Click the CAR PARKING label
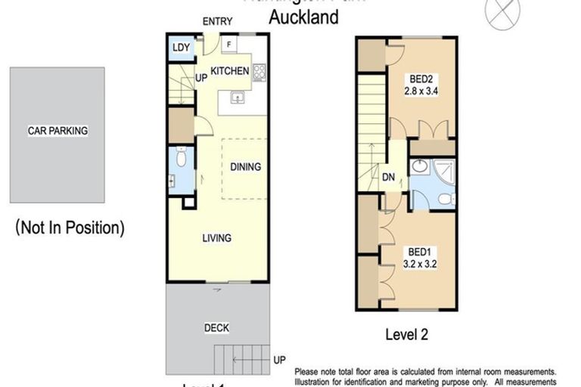(x=57, y=131)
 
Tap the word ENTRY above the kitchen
(x=217, y=22)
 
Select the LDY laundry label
(x=181, y=48)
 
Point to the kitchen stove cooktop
(x=259, y=73)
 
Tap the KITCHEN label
(x=229, y=71)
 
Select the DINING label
(x=245, y=167)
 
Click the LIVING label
(x=216, y=238)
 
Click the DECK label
(x=216, y=328)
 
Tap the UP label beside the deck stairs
(x=279, y=361)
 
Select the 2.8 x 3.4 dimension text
(x=422, y=91)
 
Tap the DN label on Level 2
(x=388, y=178)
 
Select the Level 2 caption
(x=406, y=334)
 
